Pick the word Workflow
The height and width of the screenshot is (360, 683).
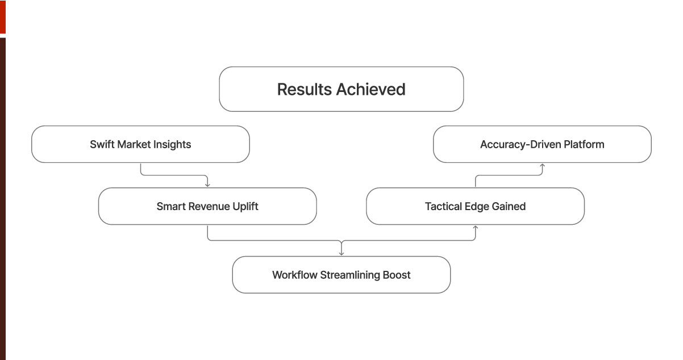(x=295, y=275)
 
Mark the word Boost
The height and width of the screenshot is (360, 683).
(x=397, y=275)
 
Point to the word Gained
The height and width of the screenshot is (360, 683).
(x=508, y=207)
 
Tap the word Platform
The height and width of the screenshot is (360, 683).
(x=584, y=144)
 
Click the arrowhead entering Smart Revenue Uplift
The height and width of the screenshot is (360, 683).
(x=207, y=185)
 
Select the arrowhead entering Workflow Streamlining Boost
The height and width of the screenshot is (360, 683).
(x=342, y=253)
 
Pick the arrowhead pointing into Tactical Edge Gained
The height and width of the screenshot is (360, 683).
(x=476, y=228)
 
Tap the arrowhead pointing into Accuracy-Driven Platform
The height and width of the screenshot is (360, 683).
(x=542, y=166)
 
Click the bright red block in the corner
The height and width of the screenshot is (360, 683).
(x=2, y=16)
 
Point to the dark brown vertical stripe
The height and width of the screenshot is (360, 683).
(x=2, y=199)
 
